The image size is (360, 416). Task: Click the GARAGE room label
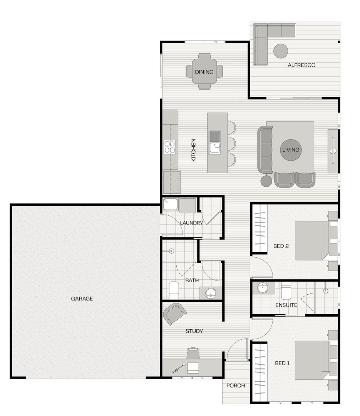pos(82,299)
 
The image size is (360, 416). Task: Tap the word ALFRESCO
pos(301,65)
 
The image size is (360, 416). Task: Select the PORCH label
pos(236,386)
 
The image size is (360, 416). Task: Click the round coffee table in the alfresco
pos(281,51)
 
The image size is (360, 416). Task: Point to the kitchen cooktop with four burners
pos(170,147)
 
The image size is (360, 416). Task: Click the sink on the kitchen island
pos(214,148)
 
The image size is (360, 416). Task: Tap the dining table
pos(204,71)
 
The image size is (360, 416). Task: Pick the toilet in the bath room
pos(174,290)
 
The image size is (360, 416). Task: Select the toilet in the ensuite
pos(286,291)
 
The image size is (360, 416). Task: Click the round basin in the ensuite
pos(263,288)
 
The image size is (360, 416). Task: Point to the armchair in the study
pos(174,314)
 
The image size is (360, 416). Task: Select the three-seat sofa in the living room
pos(265,150)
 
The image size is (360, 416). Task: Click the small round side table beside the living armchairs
pos(266,181)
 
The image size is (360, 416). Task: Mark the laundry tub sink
pos(170,204)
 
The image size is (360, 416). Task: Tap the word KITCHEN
pos(193,150)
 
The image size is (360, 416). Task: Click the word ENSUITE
pos(286,305)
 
